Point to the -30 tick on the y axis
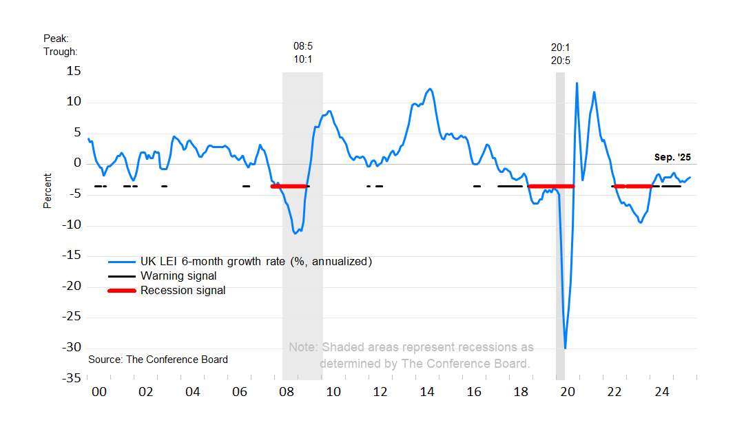tap(70, 347)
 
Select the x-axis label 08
tap(286, 392)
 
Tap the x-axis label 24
tap(661, 392)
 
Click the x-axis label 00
tap(99, 392)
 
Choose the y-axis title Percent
tap(48, 191)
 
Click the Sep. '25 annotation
tap(672, 157)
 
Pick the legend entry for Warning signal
tap(178, 276)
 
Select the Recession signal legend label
tap(183, 291)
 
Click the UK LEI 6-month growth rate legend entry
tap(256, 262)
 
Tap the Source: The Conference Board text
tap(158, 360)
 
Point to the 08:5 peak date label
tap(303, 46)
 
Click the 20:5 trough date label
tap(560, 61)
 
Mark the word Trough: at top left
tap(61, 52)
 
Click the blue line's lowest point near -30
tap(566, 349)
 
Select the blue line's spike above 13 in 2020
tap(577, 83)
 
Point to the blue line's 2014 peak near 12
tap(430, 89)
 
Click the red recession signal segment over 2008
tap(289, 186)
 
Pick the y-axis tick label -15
tap(70, 256)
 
